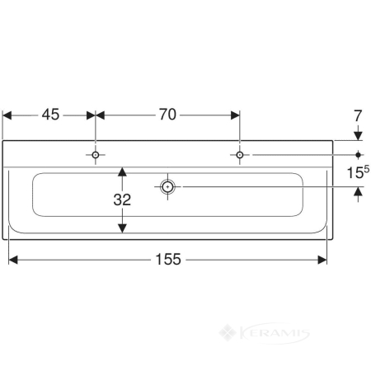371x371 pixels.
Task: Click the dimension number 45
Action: [x=50, y=115]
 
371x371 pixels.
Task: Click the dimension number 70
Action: [x=167, y=115]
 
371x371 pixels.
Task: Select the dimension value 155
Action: [x=168, y=259]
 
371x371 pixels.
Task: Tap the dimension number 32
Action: [x=122, y=200]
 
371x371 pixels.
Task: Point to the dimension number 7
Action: [x=358, y=115]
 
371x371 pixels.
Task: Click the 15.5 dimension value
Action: [x=358, y=172]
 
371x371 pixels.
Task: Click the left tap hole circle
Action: [x=96, y=155]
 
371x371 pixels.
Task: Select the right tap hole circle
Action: [x=240, y=155]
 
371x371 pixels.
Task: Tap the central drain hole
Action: [x=167, y=187]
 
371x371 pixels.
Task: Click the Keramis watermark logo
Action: [x=265, y=333]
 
